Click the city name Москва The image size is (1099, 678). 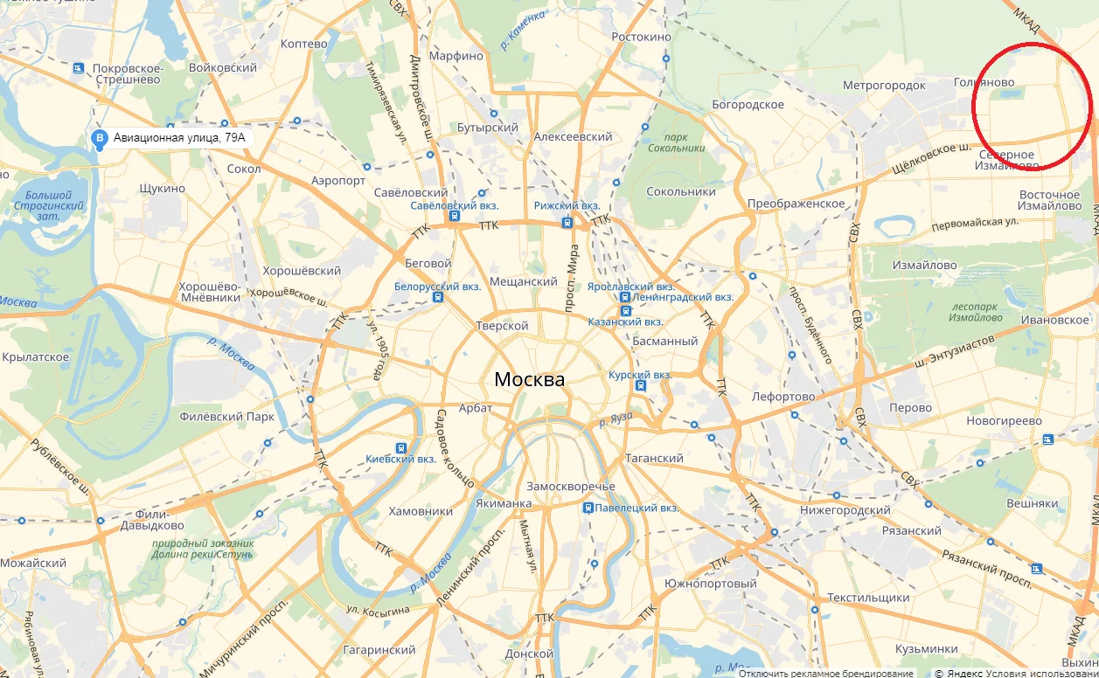pos(529,379)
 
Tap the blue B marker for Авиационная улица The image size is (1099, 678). pos(100,138)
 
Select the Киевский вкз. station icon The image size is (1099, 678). pos(400,446)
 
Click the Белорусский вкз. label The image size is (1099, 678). pos(437,286)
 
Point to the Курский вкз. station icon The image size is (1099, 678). pos(641,385)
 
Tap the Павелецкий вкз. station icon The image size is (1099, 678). pos(588,507)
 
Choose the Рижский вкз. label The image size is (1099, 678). pos(567,205)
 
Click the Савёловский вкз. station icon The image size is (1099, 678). pos(454,216)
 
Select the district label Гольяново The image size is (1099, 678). pos(984,82)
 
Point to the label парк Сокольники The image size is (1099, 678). pos(676,142)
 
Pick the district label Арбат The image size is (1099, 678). pos(475,408)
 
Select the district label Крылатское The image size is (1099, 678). pos(36,356)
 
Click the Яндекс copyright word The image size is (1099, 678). pos(964,674)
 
